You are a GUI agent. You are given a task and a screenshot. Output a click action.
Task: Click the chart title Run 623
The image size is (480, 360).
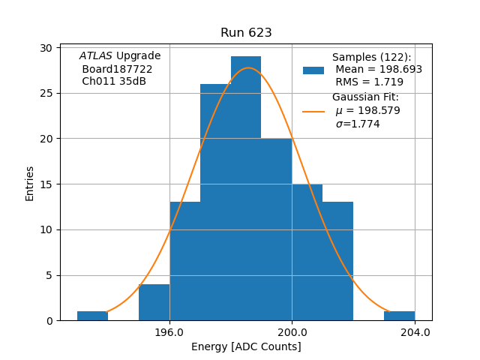point(246,33)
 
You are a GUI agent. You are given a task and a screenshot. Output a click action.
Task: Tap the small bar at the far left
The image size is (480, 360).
point(92,316)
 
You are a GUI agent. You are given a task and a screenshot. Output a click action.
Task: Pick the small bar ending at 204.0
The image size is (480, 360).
point(399,316)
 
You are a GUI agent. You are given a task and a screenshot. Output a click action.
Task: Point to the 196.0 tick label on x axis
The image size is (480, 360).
point(169,332)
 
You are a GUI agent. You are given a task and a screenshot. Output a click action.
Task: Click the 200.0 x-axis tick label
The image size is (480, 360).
point(292,332)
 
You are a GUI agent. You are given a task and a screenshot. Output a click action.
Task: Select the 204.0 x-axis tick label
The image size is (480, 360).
point(415,332)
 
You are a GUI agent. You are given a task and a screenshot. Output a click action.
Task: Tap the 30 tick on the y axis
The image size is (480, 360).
point(46,48)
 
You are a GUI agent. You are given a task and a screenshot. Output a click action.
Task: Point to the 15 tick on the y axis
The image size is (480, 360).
point(46,184)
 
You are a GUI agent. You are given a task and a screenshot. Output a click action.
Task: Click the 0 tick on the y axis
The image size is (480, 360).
point(49,321)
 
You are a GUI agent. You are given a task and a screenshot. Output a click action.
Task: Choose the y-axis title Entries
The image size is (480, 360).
point(30,184)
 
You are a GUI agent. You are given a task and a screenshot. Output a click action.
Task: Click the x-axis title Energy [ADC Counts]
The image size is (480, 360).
point(246,346)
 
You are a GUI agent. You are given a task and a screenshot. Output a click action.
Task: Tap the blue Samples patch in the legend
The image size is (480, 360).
point(313,70)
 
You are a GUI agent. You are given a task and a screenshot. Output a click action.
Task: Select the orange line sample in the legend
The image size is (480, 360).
point(313,111)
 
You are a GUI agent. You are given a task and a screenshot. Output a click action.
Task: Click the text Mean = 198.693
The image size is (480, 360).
point(379,69)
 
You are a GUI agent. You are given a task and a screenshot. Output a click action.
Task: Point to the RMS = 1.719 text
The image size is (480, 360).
point(369,82)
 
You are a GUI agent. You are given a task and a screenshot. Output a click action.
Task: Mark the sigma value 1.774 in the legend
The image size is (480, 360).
point(358,124)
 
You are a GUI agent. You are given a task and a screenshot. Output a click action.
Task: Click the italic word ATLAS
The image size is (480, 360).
point(96,56)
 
